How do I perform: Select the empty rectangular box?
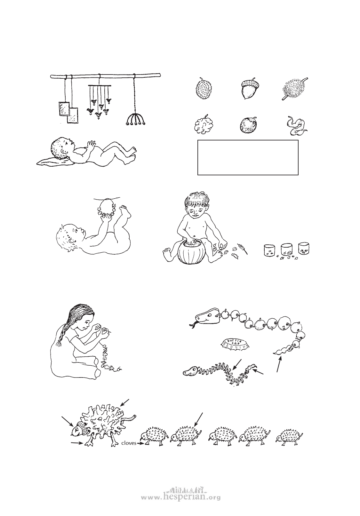248,158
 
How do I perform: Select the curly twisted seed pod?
297,126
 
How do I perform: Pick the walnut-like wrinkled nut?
203,125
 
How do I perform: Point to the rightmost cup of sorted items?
304,248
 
